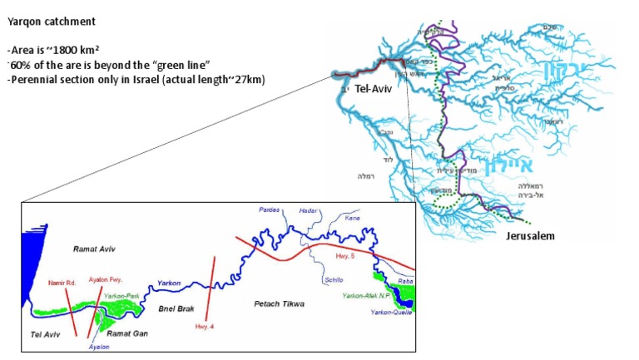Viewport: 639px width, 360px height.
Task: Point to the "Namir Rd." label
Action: (62, 283)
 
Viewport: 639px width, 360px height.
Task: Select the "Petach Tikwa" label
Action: (280, 304)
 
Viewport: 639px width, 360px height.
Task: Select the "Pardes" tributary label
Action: (269, 211)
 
